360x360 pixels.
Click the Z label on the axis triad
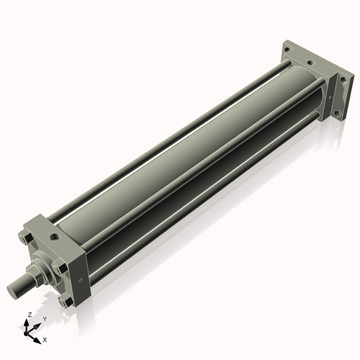click(x=28, y=315)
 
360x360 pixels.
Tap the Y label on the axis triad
click(x=45, y=318)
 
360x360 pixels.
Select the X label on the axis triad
click(x=45, y=338)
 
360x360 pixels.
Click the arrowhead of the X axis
click(x=38, y=336)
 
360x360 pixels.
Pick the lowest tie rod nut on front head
click(x=66, y=302)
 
